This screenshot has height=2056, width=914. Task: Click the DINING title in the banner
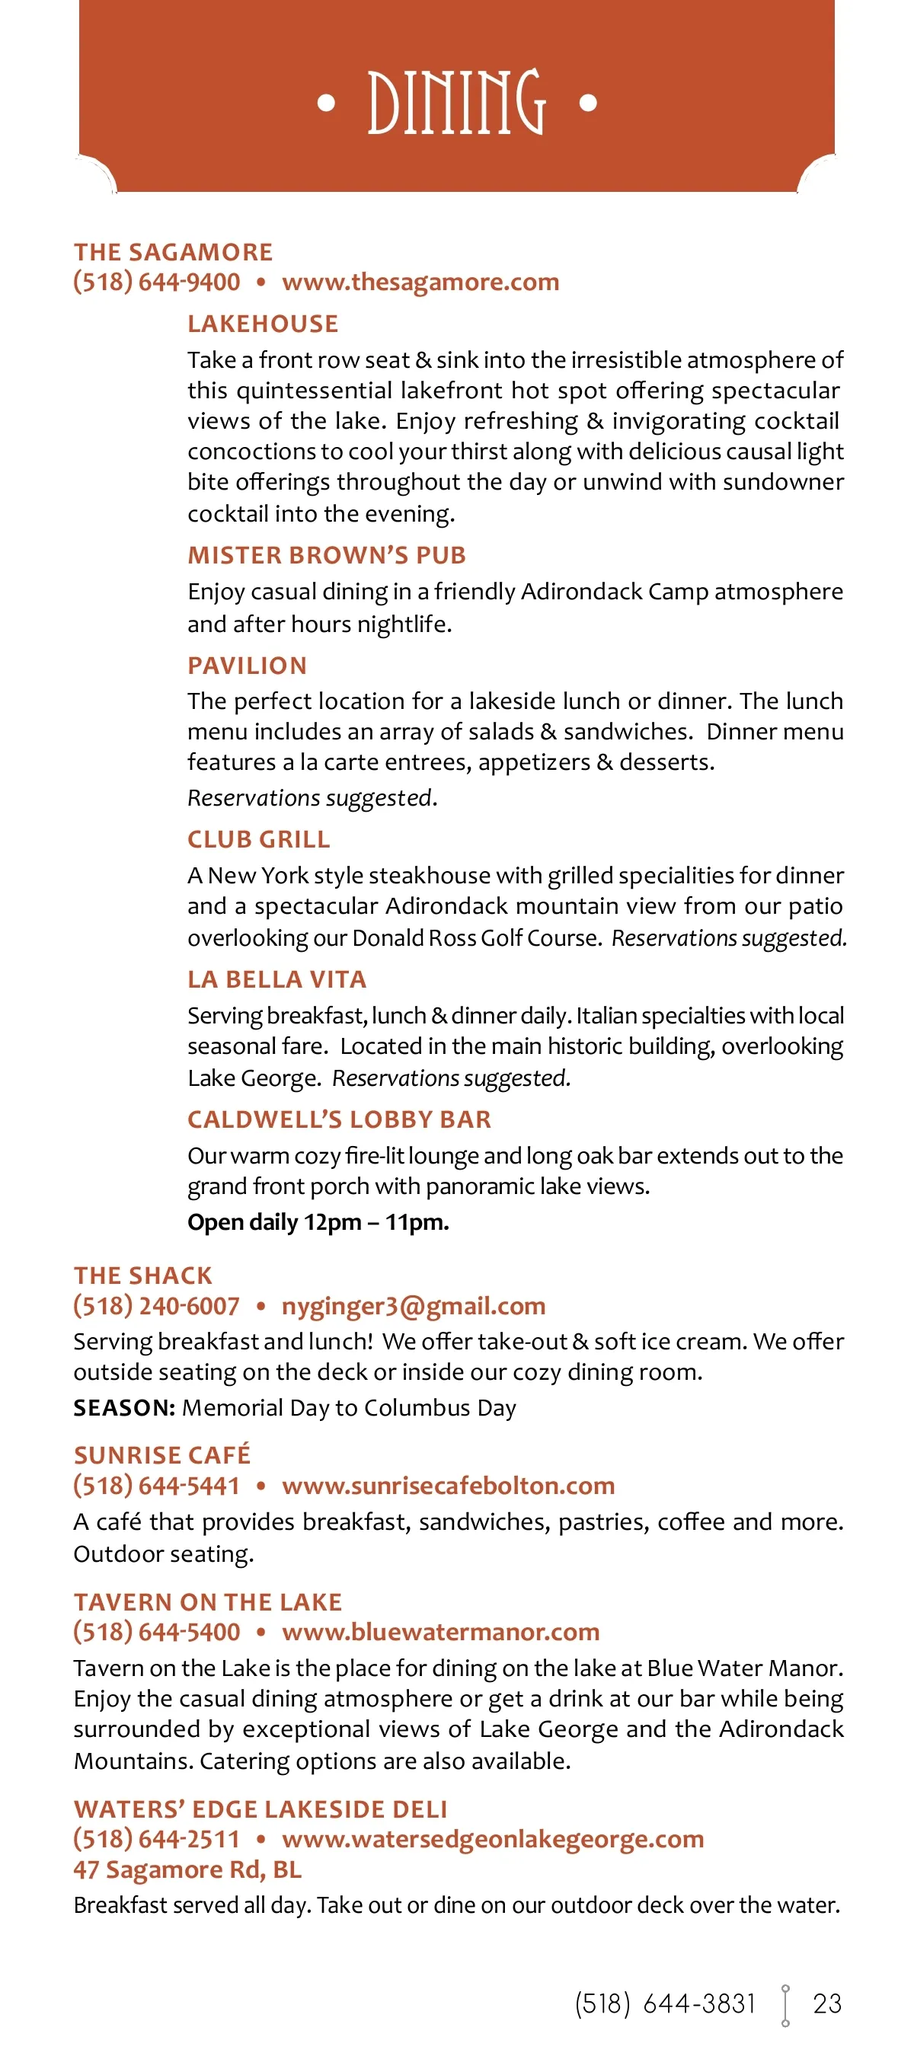456,101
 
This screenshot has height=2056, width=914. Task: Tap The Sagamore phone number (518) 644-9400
156,282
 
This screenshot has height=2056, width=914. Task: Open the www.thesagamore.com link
420,282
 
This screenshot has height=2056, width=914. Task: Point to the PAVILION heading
247,665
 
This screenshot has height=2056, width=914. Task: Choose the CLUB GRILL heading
258,839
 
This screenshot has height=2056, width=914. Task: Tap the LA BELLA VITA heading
276,979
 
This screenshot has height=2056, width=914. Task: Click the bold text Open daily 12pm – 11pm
318,1222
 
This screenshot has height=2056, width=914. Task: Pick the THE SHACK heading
143,1275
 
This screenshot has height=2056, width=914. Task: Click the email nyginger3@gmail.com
414,1306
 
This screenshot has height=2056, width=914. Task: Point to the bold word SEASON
123,1407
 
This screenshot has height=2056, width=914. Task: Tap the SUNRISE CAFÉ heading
162,1454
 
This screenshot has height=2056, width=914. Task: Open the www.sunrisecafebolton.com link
448,1486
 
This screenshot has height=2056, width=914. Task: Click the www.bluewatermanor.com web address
441,1631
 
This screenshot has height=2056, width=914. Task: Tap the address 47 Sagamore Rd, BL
187,1869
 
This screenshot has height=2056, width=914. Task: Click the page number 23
827,2003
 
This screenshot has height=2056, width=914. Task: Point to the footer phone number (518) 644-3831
665,2003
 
